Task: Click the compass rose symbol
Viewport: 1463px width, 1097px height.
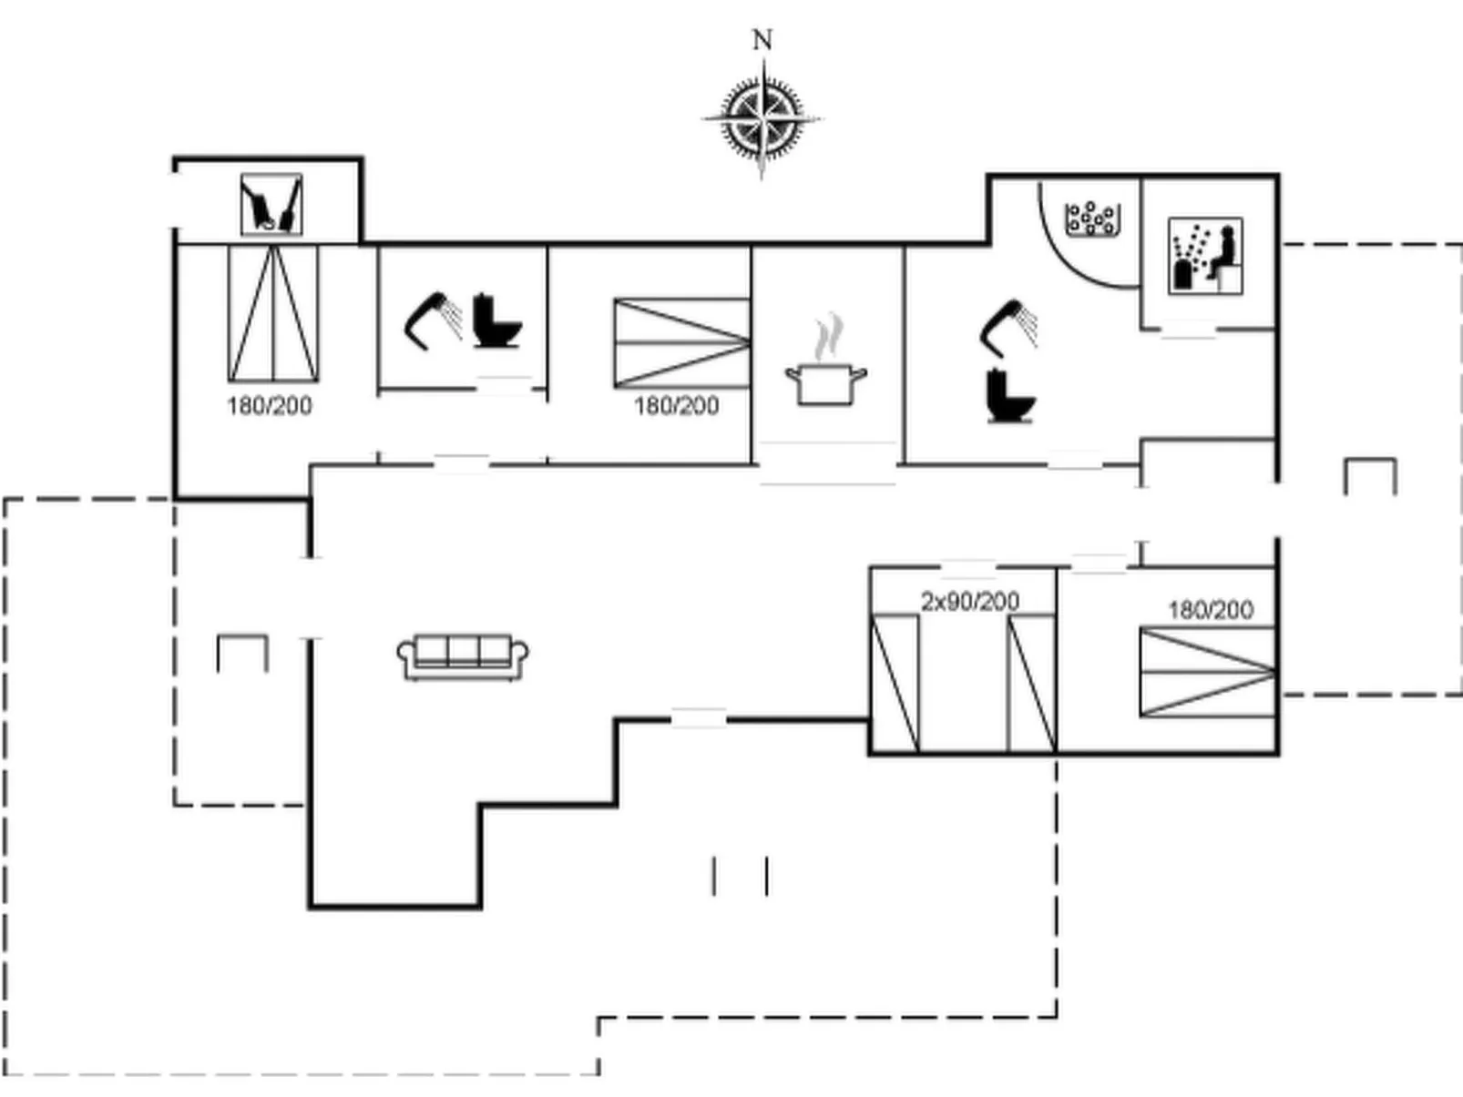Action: point(762,118)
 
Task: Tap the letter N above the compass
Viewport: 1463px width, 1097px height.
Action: point(762,40)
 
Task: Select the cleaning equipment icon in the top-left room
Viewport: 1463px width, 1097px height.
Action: point(271,205)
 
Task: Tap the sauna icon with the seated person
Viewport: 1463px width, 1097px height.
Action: point(1205,256)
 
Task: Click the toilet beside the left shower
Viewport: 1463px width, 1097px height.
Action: point(496,320)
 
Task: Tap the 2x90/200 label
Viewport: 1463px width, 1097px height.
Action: point(969,601)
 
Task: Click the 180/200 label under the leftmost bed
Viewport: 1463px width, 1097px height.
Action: point(270,406)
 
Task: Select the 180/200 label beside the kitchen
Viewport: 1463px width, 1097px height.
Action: point(676,406)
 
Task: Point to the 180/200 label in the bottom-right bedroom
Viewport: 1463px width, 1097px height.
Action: point(1210,609)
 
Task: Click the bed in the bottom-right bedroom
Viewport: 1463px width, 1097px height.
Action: point(1207,672)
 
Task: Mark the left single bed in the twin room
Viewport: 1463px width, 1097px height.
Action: point(895,683)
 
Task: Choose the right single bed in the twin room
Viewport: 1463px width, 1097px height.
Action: point(1031,683)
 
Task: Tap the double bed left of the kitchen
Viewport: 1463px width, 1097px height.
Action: point(681,343)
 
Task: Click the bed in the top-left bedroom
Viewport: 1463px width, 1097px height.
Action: point(272,313)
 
